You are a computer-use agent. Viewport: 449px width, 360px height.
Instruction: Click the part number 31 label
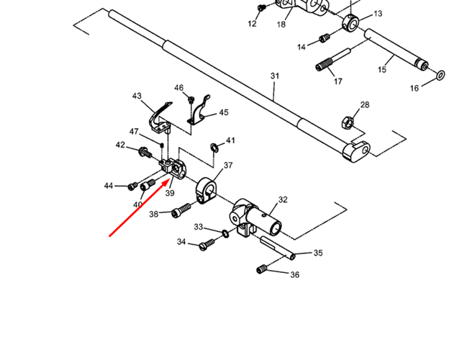click(x=274, y=76)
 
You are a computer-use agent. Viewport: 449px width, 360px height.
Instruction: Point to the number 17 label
click(x=337, y=81)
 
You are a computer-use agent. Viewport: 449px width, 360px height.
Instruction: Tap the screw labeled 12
click(x=262, y=8)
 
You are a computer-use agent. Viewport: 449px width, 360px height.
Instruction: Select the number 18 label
click(x=281, y=24)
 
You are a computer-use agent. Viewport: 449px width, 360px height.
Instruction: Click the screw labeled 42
click(x=143, y=151)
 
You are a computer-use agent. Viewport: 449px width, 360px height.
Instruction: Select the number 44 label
click(x=109, y=186)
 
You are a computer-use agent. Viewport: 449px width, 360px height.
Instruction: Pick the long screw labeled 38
click(x=181, y=210)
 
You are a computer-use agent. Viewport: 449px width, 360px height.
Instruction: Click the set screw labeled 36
click(x=263, y=269)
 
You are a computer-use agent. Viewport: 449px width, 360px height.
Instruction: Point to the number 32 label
click(x=283, y=199)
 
